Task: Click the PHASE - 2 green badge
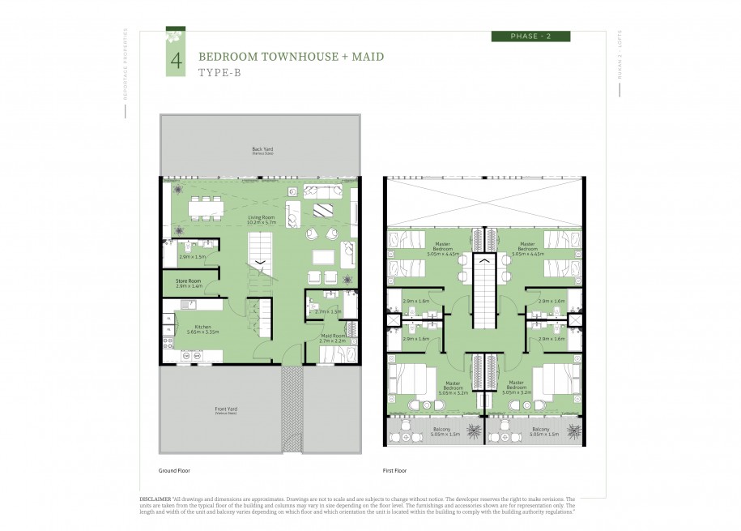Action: pos(530,36)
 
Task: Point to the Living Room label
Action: pos(260,218)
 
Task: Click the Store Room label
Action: pos(189,281)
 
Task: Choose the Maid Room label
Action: pos(333,336)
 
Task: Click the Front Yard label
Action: pos(224,409)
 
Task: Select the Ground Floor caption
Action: pos(174,470)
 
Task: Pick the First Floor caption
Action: pos(394,470)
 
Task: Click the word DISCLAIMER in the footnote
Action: pos(155,499)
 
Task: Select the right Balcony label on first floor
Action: pos(541,429)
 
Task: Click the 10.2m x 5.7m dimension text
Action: pos(260,223)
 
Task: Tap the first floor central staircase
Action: pos(484,292)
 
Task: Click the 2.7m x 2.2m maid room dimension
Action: pos(333,341)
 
